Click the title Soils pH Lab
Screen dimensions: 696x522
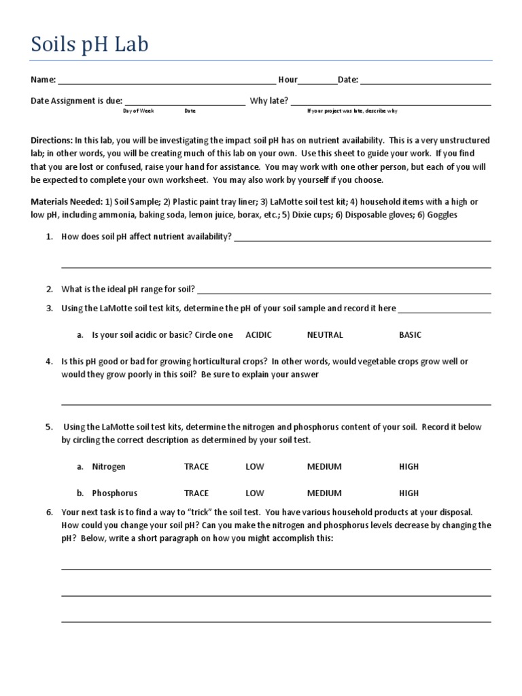pyautogui.click(x=89, y=46)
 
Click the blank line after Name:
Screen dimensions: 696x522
pyautogui.click(x=167, y=81)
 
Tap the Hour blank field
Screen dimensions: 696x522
pyautogui.click(x=317, y=81)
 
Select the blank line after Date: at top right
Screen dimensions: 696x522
pyautogui.click(x=425, y=81)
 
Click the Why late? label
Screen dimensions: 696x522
pyautogui.click(x=269, y=101)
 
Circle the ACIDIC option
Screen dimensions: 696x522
pyautogui.click(x=258, y=334)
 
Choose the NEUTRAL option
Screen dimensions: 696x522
pyautogui.click(x=325, y=334)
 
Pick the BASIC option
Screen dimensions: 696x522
pyautogui.click(x=410, y=334)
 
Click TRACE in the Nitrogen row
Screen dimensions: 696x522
pyautogui.click(x=196, y=466)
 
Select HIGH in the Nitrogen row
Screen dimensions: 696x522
pyautogui.click(x=409, y=466)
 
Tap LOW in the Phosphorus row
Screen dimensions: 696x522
pyautogui.click(x=255, y=493)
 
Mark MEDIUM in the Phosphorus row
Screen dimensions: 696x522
pyautogui.click(x=324, y=493)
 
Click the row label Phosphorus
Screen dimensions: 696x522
pyautogui.click(x=114, y=493)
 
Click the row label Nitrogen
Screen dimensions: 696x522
pyautogui.click(x=109, y=466)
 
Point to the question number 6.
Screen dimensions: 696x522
pyautogui.click(x=49, y=512)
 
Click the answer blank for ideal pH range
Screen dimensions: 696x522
pyautogui.click(x=344, y=290)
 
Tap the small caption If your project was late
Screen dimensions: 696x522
pyautogui.click(x=352, y=111)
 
